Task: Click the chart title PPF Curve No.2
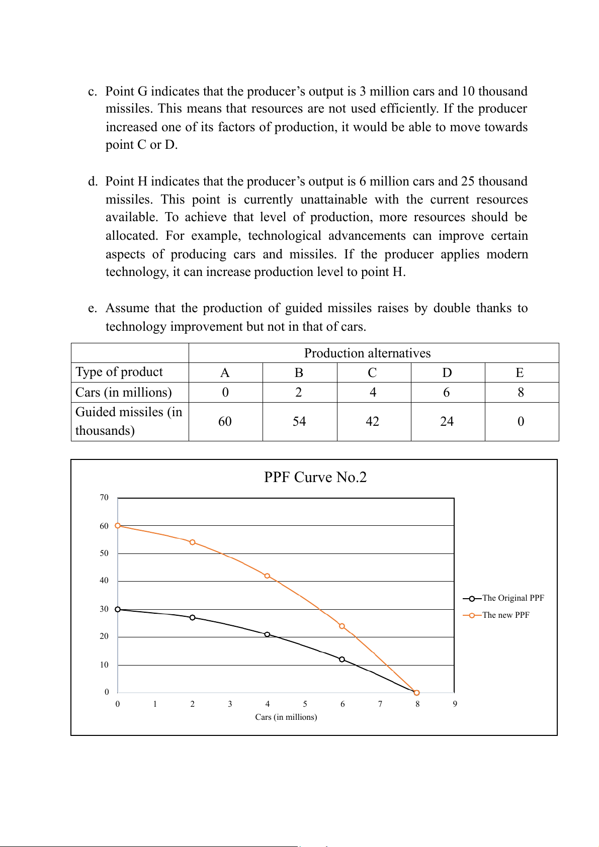[x=315, y=477]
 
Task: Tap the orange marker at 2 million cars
[x=193, y=542]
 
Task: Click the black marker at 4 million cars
[x=267, y=634]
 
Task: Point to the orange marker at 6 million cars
[x=342, y=626]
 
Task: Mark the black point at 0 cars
[x=118, y=609]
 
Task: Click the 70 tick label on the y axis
[x=104, y=498]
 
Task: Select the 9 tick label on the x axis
[x=455, y=704]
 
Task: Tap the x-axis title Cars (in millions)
[x=286, y=717]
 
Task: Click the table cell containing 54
[x=299, y=421]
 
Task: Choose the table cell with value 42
[x=373, y=421]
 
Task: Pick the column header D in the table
[x=447, y=372]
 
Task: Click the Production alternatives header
[x=367, y=353]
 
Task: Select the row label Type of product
[x=119, y=372]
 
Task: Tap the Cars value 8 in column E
[x=521, y=392]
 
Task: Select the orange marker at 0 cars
[x=118, y=526]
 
